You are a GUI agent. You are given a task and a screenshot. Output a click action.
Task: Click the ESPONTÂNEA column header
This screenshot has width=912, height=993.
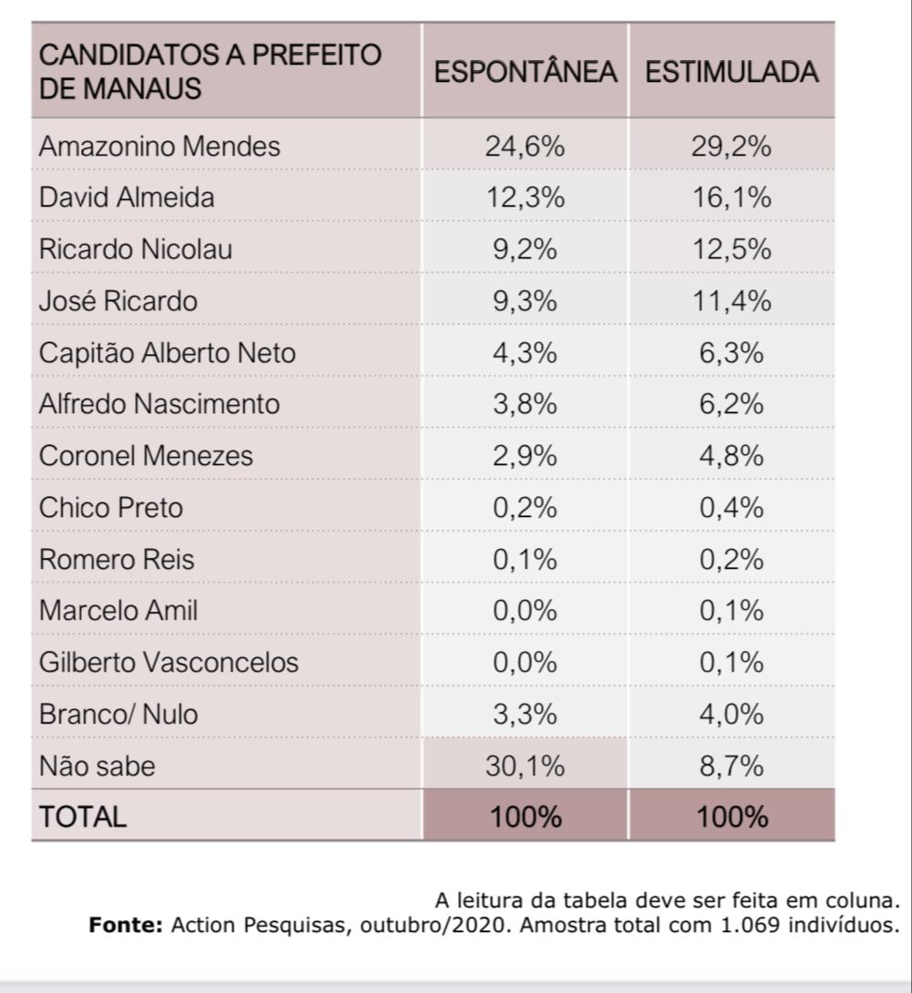click(525, 72)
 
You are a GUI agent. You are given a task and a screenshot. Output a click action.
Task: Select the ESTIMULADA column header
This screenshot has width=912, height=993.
click(732, 72)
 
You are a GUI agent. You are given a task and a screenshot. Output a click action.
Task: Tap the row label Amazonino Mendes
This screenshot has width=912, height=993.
click(159, 146)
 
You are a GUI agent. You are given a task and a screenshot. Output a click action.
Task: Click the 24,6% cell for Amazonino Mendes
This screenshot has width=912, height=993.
click(525, 146)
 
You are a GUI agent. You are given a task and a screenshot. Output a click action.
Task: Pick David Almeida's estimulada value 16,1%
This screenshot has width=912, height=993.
click(732, 198)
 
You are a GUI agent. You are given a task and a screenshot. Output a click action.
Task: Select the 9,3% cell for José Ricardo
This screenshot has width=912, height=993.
click(525, 300)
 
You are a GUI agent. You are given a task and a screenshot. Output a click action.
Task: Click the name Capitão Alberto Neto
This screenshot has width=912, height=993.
click(167, 352)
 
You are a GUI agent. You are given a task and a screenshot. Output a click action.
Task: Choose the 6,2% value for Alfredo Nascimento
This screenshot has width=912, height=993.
click(732, 403)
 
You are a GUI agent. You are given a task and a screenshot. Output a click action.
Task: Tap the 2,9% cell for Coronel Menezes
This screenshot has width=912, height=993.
click(525, 455)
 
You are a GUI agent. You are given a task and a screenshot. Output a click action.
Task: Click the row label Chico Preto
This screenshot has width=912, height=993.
click(110, 507)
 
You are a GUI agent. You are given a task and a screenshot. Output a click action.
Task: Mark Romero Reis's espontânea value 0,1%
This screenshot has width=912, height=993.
click(525, 559)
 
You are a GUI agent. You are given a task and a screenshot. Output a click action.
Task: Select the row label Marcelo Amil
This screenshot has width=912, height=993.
click(117, 610)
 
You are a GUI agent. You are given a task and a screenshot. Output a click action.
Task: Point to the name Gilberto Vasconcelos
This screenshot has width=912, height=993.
click(168, 662)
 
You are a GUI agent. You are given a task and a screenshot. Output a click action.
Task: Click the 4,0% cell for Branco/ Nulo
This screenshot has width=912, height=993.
click(732, 714)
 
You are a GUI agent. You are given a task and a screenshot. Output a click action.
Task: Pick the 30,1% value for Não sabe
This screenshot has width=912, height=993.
click(525, 765)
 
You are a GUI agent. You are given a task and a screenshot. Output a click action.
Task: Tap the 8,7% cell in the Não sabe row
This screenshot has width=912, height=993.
click(732, 765)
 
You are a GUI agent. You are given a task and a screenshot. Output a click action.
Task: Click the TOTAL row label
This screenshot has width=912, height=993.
click(82, 816)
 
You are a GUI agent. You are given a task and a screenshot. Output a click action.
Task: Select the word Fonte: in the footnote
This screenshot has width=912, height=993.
click(126, 926)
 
